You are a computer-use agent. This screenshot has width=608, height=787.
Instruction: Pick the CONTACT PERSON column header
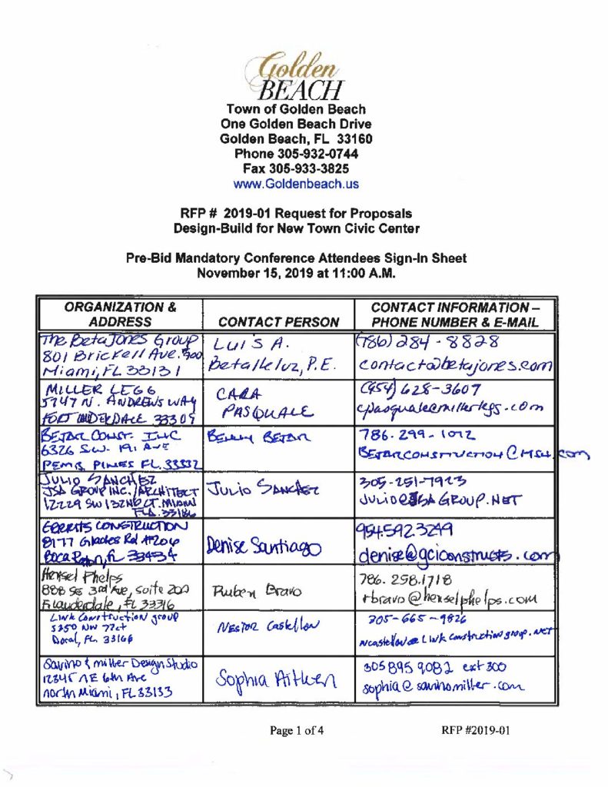(x=279, y=322)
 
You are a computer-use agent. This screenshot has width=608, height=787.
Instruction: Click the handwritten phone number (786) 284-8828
(x=428, y=341)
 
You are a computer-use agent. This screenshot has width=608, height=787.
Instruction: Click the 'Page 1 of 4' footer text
(x=297, y=731)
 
